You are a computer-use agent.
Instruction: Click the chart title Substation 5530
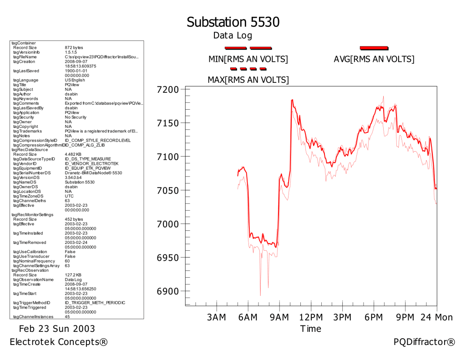[x=233, y=22]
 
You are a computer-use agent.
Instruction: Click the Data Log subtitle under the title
[x=233, y=35]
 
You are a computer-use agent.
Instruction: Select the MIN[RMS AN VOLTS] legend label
[x=248, y=59]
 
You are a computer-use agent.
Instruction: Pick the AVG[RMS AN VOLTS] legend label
[x=374, y=59]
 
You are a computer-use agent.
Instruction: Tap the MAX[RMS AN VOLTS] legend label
[x=248, y=80]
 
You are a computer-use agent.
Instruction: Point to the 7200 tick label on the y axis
[x=167, y=89]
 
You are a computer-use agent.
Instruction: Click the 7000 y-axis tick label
[x=167, y=224]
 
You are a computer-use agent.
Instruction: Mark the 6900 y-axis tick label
[x=167, y=291]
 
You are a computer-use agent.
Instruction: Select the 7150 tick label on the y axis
[x=167, y=123]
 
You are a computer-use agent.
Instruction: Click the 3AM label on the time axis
[x=216, y=317]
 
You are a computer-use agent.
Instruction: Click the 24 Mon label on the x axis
[x=437, y=317]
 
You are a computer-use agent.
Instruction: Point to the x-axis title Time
[x=311, y=329]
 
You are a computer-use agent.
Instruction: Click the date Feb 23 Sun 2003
[x=57, y=329]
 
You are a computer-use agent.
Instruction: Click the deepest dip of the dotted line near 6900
[x=260, y=295]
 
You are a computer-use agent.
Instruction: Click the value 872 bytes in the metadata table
[x=74, y=47]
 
